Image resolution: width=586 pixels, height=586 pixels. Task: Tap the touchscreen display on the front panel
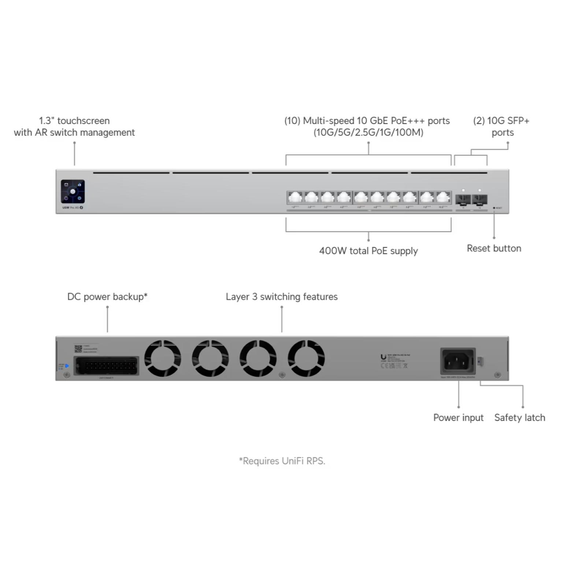click(x=73, y=191)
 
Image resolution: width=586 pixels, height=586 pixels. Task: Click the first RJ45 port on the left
click(x=295, y=198)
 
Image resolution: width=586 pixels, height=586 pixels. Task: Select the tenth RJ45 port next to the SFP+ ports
click(x=443, y=198)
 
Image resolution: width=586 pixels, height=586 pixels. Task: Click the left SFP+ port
click(x=463, y=200)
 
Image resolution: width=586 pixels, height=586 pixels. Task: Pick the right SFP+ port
click(x=479, y=200)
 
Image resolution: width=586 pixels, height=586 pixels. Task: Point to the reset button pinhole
click(x=494, y=208)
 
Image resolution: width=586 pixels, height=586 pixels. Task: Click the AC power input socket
click(x=457, y=361)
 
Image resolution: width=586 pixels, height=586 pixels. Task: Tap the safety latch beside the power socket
click(x=481, y=361)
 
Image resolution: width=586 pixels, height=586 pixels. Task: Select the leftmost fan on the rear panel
click(x=163, y=358)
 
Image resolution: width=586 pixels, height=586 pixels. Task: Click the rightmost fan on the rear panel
click(x=306, y=358)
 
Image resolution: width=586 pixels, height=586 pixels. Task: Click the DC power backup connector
click(x=106, y=366)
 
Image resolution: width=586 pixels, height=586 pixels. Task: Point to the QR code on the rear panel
click(x=78, y=348)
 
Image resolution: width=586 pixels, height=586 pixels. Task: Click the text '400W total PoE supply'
click(x=368, y=251)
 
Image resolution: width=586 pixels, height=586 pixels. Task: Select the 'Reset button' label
click(x=494, y=248)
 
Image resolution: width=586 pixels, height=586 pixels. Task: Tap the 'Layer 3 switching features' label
click(x=281, y=297)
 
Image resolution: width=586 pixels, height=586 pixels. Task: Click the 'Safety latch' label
click(x=519, y=418)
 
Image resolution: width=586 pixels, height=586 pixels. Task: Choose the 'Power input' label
click(x=458, y=418)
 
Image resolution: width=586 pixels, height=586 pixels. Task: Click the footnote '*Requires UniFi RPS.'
click(x=282, y=461)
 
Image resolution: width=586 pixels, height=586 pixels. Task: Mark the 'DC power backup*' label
click(x=107, y=297)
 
